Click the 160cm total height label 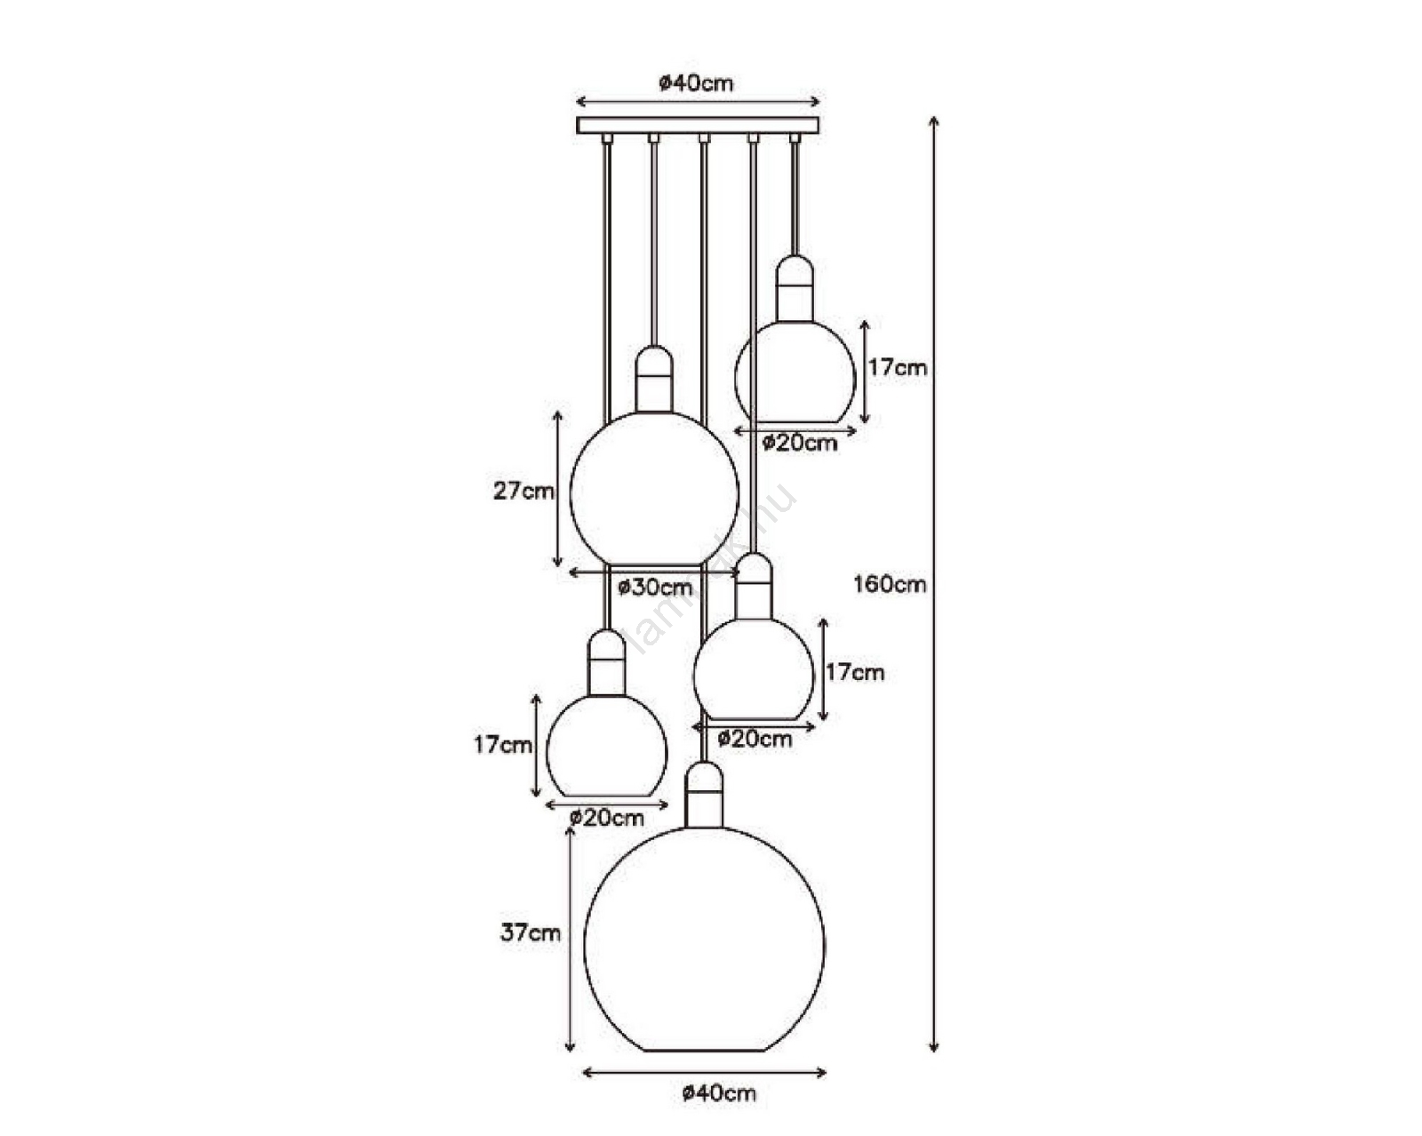(890, 584)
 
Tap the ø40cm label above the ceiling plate (696, 84)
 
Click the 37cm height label (531, 932)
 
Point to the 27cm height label (523, 491)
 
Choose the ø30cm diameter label (656, 587)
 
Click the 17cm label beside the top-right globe (898, 367)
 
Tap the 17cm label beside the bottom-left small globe (503, 745)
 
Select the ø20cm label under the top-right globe (800, 443)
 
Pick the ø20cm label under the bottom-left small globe (607, 818)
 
